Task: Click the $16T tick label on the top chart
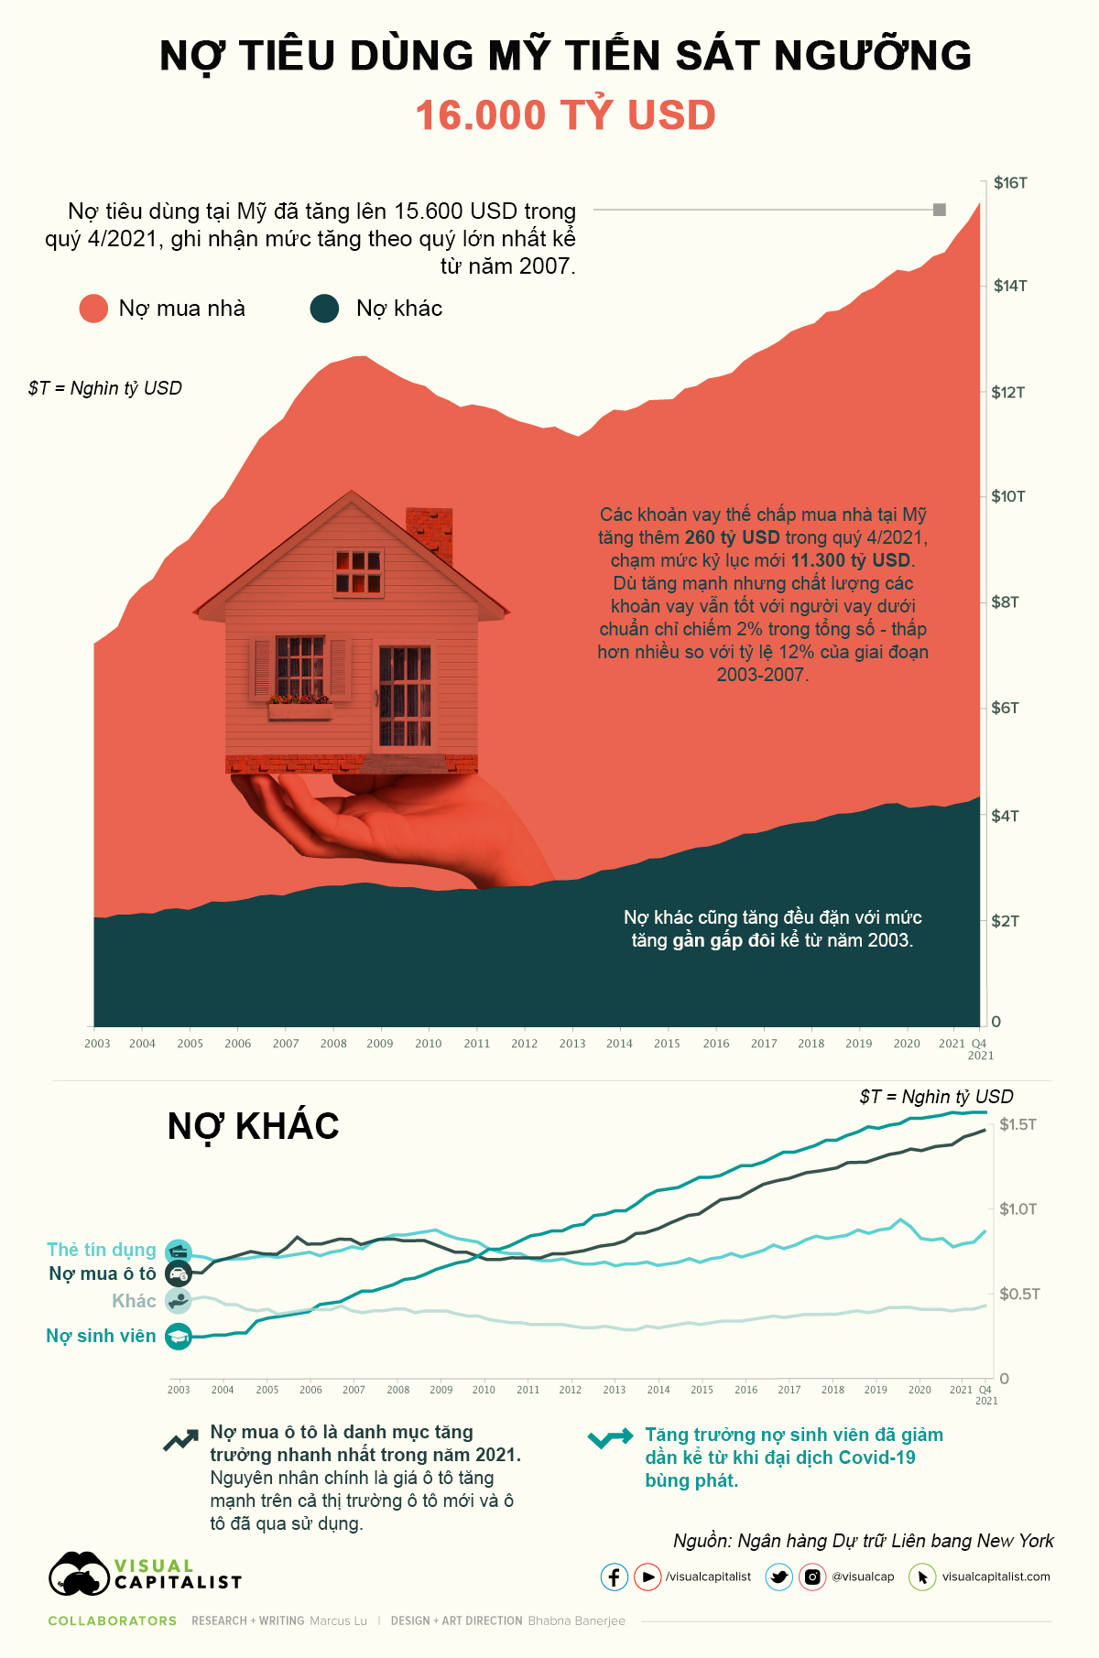click(x=1010, y=183)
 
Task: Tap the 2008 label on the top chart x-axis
click(x=333, y=1044)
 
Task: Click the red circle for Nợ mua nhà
click(x=93, y=309)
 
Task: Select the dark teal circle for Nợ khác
click(x=325, y=309)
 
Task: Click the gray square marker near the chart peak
click(x=939, y=210)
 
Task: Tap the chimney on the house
click(x=429, y=536)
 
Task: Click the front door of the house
click(x=404, y=698)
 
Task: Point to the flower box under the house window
click(x=300, y=709)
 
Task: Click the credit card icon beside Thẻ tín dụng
click(x=179, y=1252)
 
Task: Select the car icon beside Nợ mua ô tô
click(x=179, y=1274)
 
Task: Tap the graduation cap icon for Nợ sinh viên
click(x=179, y=1337)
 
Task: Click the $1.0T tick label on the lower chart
click(x=1017, y=1209)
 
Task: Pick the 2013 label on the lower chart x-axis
click(x=615, y=1390)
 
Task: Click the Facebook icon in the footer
click(x=614, y=1577)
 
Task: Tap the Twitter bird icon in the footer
click(x=779, y=1577)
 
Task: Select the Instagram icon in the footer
click(x=812, y=1577)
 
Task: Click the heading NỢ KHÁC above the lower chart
click(x=253, y=1126)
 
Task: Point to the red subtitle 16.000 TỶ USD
click(x=565, y=115)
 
